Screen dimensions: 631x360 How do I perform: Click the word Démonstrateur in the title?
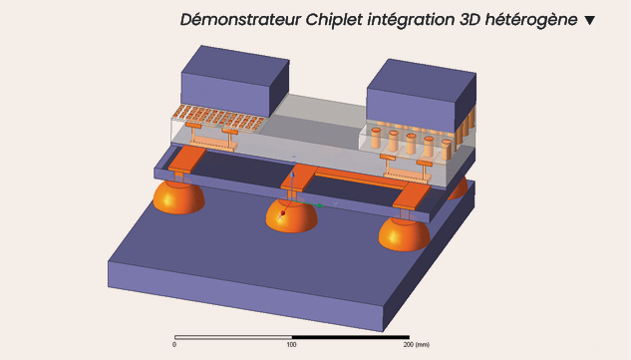(x=240, y=19)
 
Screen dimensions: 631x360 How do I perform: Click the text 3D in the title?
(x=470, y=19)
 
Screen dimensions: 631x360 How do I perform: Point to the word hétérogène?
(x=531, y=20)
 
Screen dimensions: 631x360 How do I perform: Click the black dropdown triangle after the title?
(x=589, y=20)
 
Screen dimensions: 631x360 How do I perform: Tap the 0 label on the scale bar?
(x=174, y=345)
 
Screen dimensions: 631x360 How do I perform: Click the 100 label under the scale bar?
(x=291, y=345)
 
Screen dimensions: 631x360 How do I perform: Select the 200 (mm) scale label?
(x=416, y=345)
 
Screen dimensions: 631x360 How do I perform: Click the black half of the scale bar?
(x=351, y=337)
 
